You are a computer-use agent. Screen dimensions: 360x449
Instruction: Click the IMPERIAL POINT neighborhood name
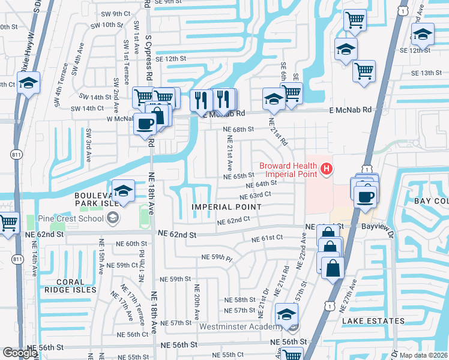[226, 206]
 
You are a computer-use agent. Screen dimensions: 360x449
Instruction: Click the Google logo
[20, 353]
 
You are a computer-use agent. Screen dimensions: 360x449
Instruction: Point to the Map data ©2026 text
[423, 355]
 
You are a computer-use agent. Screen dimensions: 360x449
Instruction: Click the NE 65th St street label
[240, 176]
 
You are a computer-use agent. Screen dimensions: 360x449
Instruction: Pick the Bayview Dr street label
[377, 227]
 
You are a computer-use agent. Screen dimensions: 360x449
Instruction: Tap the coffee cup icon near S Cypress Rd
[145, 124]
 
